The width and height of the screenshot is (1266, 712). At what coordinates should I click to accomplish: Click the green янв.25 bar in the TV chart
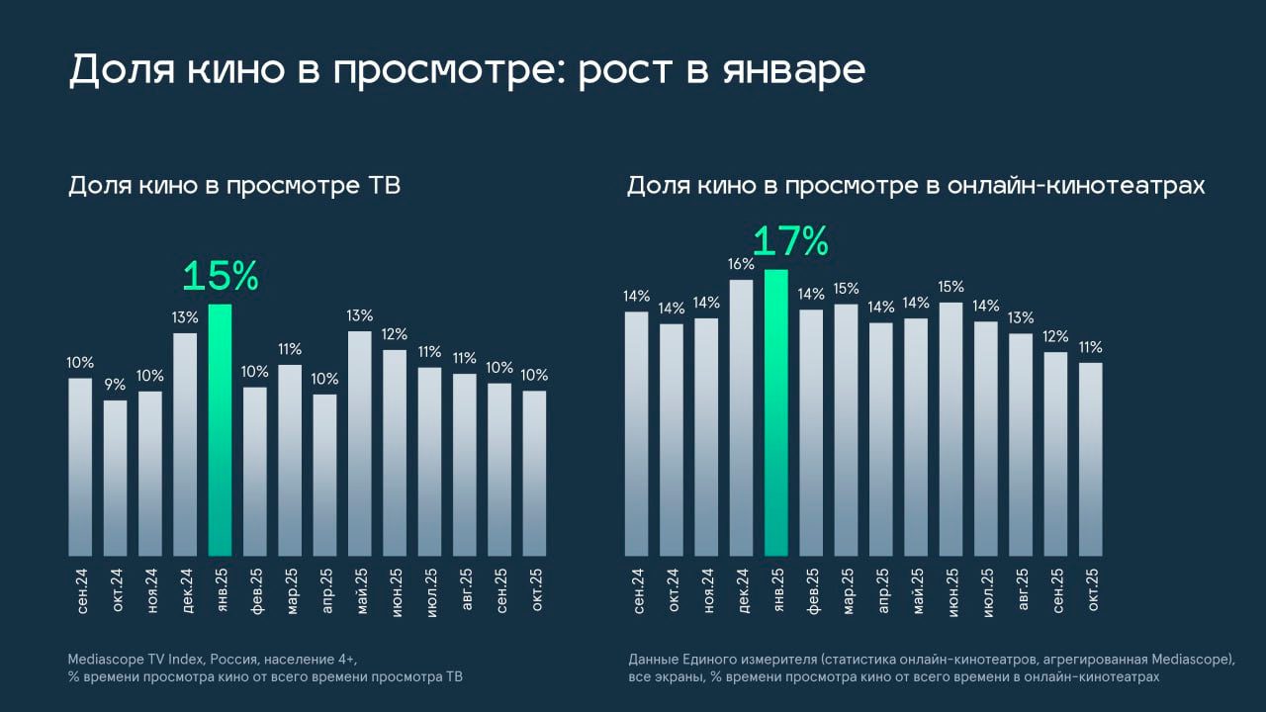[220, 430]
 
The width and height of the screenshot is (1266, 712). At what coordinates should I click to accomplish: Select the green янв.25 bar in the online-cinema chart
[776, 412]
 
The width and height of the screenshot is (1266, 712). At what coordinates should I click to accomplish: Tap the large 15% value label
[220, 277]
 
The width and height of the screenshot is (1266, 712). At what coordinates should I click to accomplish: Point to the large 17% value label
[790, 242]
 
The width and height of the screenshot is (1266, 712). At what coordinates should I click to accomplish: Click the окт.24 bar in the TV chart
[116, 478]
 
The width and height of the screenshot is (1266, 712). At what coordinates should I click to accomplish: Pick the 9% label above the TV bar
[116, 385]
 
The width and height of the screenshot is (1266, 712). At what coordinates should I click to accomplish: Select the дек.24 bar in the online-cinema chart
[742, 417]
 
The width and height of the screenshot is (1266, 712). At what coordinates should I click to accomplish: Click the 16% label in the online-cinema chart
[742, 264]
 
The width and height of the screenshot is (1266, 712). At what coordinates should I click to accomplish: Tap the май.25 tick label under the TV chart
[361, 590]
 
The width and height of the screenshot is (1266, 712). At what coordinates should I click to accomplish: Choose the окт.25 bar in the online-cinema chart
[1090, 459]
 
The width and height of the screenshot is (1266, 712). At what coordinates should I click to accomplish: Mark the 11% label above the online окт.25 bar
[1090, 347]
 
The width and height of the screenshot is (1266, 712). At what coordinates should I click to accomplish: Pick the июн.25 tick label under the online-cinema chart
[951, 590]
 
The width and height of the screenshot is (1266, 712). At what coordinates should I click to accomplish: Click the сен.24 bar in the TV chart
[80, 467]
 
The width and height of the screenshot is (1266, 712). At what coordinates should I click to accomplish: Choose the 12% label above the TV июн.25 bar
[395, 334]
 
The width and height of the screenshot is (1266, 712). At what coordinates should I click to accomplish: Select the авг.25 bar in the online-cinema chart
[1021, 445]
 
